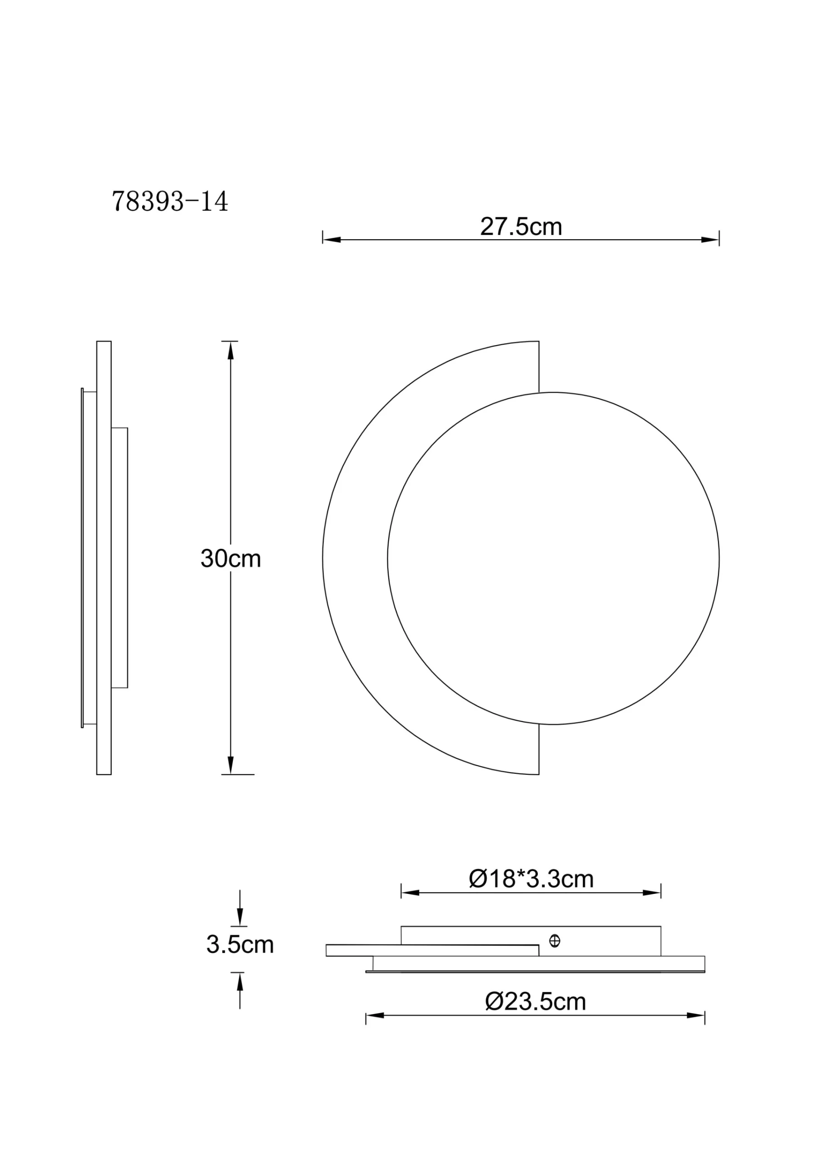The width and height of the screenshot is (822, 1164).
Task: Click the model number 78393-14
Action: point(170,202)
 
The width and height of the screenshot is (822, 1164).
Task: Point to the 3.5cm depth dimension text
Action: point(240,944)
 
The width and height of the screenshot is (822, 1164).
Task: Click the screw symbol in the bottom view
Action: point(555,941)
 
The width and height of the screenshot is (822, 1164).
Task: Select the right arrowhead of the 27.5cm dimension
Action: point(710,240)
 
